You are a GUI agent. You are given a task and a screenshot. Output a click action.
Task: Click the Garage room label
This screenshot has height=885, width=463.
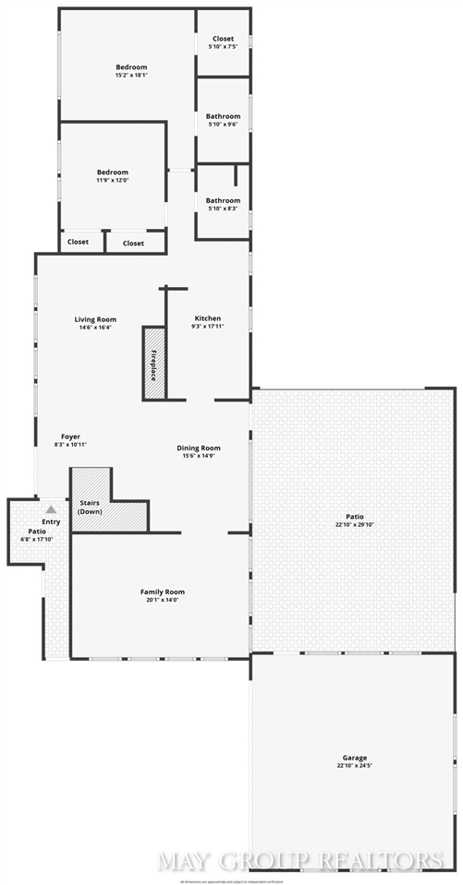pyautogui.click(x=354, y=758)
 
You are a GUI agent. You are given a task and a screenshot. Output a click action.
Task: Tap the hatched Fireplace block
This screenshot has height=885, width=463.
pyautogui.click(x=154, y=363)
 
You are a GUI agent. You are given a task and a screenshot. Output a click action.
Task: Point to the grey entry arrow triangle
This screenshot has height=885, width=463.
pyautogui.click(x=52, y=508)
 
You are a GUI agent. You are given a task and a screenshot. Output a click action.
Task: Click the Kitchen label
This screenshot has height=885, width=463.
pyautogui.click(x=207, y=318)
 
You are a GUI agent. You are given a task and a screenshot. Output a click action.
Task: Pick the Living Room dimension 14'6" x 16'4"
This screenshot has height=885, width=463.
pyautogui.click(x=95, y=328)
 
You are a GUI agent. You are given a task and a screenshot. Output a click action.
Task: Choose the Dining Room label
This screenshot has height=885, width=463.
pyautogui.click(x=199, y=448)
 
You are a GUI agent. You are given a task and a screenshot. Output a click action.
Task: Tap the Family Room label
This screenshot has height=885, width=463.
pyautogui.click(x=163, y=592)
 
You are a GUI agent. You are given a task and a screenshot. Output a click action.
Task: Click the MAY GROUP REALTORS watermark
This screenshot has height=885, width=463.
pyautogui.click(x=300, y=860)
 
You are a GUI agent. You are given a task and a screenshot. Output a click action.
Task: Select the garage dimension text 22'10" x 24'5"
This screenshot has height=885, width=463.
pyautogui.click(x=354, y=766)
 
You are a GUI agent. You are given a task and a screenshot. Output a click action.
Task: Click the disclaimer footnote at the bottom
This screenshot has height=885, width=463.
pyautogui.click(x=231, y=879)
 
